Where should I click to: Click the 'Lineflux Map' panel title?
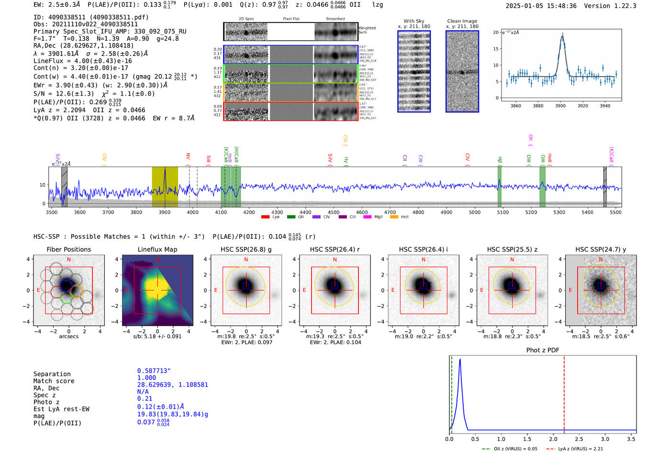click(x=157, y=249)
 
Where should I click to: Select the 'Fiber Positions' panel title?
click(x=68, y=249)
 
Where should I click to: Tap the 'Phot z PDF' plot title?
click(x=543, y=350)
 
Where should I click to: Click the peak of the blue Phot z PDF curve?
click(x=460, y=359)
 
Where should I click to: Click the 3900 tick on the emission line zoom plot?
click(x=560, y=106)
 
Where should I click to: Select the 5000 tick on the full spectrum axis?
click(x=474, y=212)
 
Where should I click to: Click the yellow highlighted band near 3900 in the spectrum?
click(x=165, y=187)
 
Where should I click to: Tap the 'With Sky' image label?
click(x=413, y=21)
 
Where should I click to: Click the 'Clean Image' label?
click(x=462, y=21)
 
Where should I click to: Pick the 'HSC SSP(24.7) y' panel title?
click(x=601, y=249)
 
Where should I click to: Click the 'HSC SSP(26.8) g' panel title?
click(x=246, y=249)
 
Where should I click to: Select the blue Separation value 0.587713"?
click(x=154, y=371)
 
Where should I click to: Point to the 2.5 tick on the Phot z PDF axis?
click(x=579, y=439)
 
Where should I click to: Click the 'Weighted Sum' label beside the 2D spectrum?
click(x=367, y=30)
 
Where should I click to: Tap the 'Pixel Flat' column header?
click(x=291, y=19)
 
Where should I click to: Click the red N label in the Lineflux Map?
click(x=157, y=260)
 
